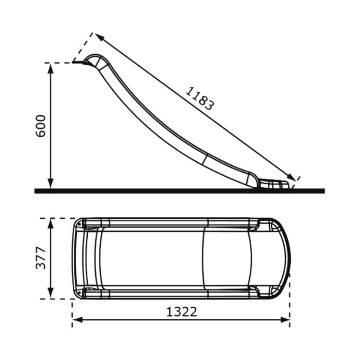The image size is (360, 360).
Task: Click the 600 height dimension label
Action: pyautogui.click(x=41, y=126)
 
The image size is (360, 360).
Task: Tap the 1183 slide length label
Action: pyautogui.click(x=200, y=98)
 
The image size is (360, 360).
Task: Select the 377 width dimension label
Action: pyautogui.click(x=41, y=258)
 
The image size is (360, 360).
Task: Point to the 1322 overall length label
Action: pyautogui.click(x=181, y=312)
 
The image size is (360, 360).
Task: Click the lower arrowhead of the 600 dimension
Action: pyautogui.click(x=50, y=183)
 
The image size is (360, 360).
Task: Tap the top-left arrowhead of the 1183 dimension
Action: pyautogui.click(x=100, y=37)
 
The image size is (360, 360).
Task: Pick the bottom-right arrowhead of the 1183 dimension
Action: pyautogui.click(x=291, y=177)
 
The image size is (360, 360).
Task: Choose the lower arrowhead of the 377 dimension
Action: pyautogui.click(x=50, y=293)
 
